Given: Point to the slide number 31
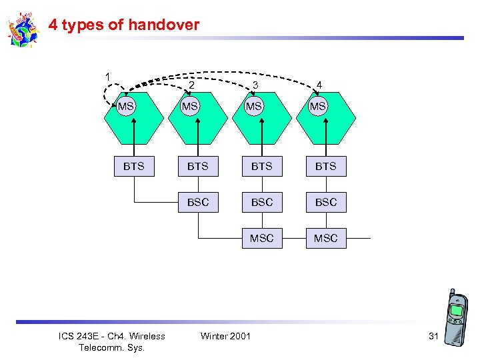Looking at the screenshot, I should tap(433, 336).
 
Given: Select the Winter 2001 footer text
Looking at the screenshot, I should tap(225, 336).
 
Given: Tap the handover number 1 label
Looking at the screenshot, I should tap(107, 76).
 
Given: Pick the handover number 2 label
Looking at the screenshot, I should tap(192, 85).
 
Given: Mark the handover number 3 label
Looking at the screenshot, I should tap(255, 85).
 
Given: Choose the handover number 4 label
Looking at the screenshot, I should tap(319, 85).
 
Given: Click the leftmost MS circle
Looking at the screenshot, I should tap(126, 106).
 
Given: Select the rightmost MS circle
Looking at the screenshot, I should tap(318, 106).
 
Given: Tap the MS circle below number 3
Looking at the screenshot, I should tap(254, 106).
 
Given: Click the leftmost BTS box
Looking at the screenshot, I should tap(133, 166).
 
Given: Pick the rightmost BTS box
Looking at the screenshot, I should tap(325, 166).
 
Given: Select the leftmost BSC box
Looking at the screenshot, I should tap(197, 202).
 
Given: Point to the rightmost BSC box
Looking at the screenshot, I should tap(325, 202).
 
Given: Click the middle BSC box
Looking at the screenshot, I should tap(261, 202).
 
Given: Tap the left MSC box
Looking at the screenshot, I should tap(261, 238).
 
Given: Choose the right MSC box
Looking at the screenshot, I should tap(325, 238).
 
